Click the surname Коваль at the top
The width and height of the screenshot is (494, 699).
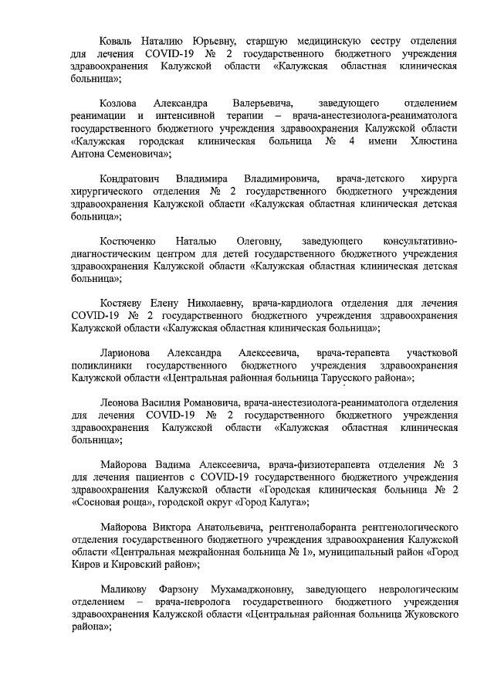tap(118, 38)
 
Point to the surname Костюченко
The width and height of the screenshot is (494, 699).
tap(132, 240)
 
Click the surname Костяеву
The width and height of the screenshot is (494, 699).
tap(122, 302)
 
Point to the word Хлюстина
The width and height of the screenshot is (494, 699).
tap(430, 142)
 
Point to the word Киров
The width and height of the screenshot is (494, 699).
tap(86, 565)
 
